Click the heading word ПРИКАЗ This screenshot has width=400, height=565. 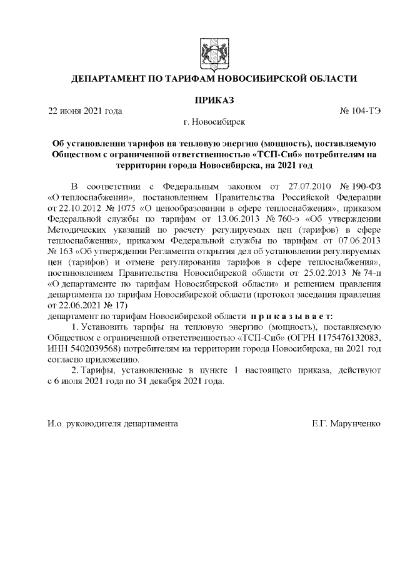(x=214, y=100)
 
